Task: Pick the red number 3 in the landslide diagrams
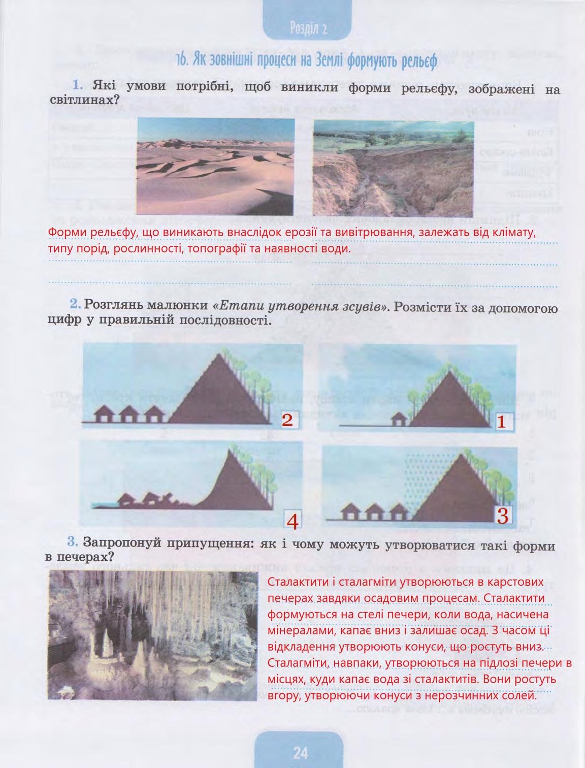(x=502, y=516)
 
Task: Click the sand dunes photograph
(x=216, y=167)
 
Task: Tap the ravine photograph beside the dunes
(x=393, y=169)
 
